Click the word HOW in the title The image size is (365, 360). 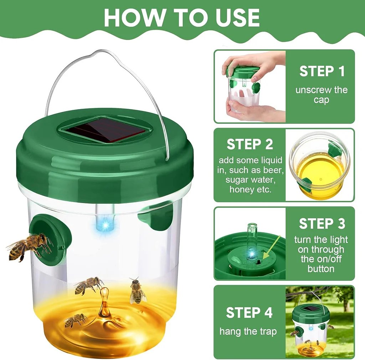pos(134,17)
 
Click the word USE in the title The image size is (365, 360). pos(237,17)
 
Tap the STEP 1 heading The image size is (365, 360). pos(322,71)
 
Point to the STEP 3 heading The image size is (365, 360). pos(322,223)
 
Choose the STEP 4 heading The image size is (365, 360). pos(249,313)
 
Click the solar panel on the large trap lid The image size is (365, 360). pos(105,130)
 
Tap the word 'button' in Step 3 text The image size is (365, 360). pos(321,269)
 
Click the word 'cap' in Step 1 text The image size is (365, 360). pos(321,100)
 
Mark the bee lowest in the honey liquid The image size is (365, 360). pos(76,320)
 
